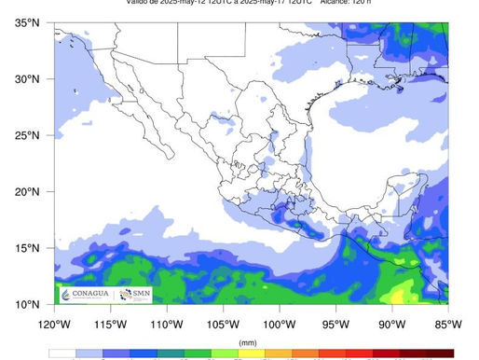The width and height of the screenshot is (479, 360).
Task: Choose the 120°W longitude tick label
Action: point(54,324)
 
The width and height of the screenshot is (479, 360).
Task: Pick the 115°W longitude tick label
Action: point(110,324)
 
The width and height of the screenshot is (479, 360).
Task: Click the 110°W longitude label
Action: point(167,324)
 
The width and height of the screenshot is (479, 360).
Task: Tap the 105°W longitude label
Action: point(223,324)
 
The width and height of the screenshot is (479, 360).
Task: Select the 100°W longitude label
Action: point(280,324)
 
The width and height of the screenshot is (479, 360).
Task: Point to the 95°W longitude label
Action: point(335,324)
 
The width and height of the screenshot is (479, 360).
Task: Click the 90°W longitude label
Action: point(392,324)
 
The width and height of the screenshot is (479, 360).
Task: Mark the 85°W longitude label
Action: point(447,324)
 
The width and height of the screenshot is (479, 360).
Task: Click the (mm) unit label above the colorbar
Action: point(248,342)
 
